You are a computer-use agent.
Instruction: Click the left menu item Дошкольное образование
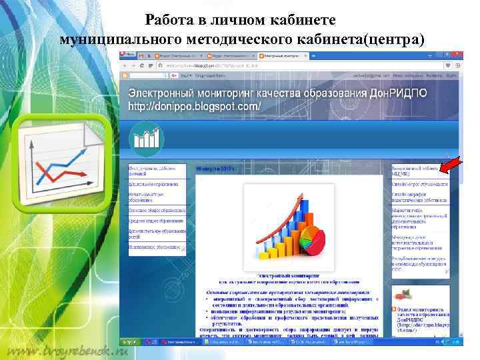(x=156, y=183)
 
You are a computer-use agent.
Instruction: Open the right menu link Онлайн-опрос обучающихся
(x=419, y=183)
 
